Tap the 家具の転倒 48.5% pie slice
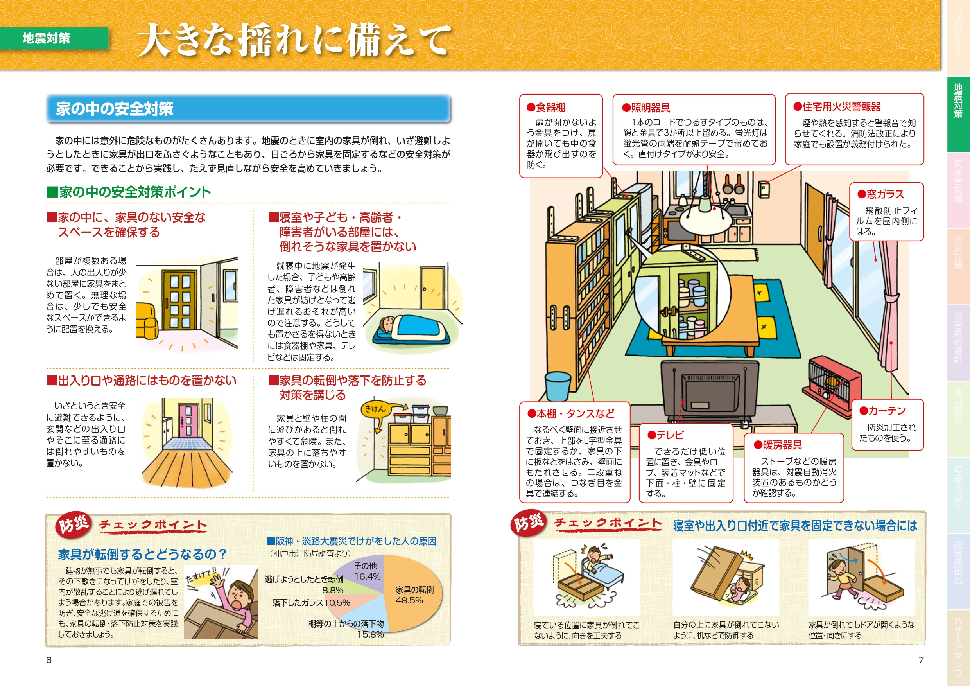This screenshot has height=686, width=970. pyautogui.click(x=412, y=594)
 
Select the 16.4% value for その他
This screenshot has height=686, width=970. pyautogui.click(x=367, y=576)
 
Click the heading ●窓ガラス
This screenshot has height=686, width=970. pyautogui.click(x=880, y=194)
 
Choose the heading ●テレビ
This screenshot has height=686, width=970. pyautogui.click(x=665, y=435)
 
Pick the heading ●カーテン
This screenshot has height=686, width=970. pyautogui.click(x=882, y=411)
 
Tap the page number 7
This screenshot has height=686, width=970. pyautogui.click(x=921, y=660)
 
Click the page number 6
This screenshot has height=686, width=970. pyautogui.click(x=49, y=660)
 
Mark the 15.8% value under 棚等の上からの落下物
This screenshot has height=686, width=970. pyautogui.click(x=371, y=634)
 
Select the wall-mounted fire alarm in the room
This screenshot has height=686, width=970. pyautogui.click(x=764, y=189)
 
